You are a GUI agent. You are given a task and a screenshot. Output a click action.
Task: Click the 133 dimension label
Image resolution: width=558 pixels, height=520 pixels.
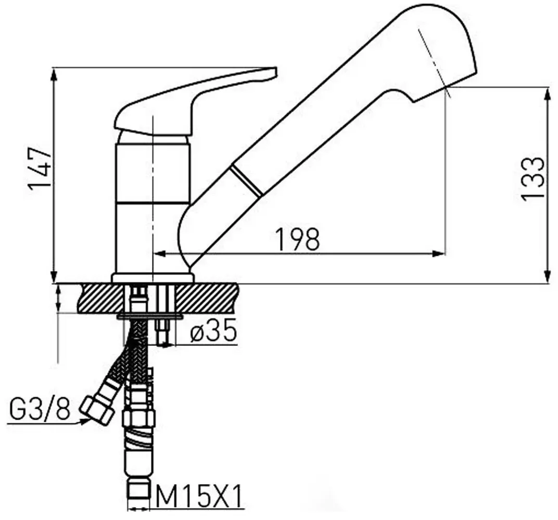[532, 178]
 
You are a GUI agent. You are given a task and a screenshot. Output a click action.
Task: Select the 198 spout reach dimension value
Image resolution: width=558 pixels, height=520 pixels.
[297, 239]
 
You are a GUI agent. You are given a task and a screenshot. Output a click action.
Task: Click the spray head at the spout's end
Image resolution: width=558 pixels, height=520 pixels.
[442, 47]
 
